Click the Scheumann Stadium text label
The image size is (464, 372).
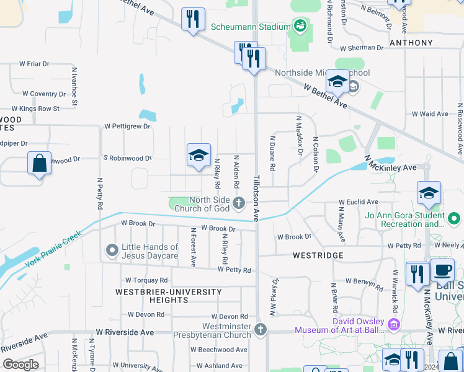point(251,27)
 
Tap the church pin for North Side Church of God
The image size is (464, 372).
point(239,203)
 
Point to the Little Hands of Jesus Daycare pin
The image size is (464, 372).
point(112,250)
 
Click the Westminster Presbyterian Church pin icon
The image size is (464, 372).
point(261,330)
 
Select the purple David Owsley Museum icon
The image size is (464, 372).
point(393,324)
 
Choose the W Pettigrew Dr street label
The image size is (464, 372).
point(127,126)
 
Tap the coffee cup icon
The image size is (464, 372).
point(443,270)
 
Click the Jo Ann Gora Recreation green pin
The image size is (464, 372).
point(455,219)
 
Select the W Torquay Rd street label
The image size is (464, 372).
point(146,280)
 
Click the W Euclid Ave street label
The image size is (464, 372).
point(358,202)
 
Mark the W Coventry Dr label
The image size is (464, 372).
point(43,94)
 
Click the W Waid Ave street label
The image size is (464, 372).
point(430,114)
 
